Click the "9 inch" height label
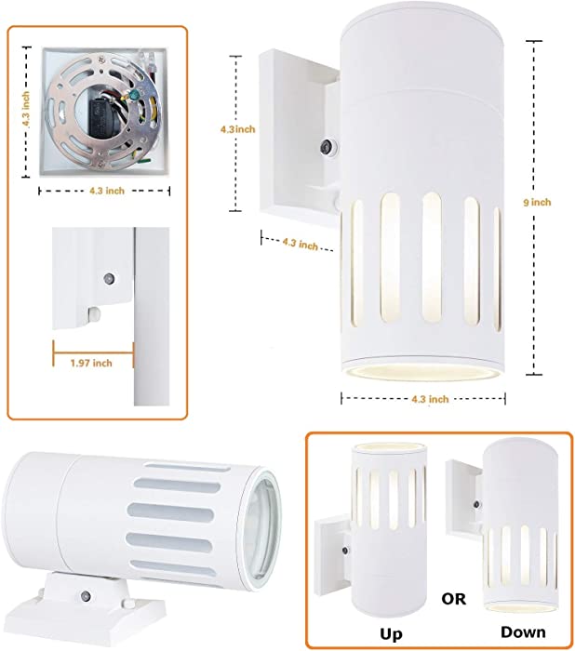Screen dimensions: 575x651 [537, 203]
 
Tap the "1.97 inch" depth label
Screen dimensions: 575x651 [91, 364]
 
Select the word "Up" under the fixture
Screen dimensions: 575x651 [391, 635]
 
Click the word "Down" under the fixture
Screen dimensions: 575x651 [523, 631]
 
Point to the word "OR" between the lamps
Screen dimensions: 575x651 [454, 599]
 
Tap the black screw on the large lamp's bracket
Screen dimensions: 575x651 [327, 147]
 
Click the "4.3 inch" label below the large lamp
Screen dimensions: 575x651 [430, 399]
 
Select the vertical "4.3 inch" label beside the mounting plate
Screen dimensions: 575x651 [26, 109]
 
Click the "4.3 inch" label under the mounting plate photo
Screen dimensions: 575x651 [107, 191]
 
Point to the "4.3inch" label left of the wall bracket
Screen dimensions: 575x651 [237, 129]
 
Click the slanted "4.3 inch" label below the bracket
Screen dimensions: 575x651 [300, 244]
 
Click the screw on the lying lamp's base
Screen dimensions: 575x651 [86, 596]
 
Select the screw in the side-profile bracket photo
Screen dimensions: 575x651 [109, 277]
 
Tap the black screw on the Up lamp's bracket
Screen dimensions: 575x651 [345, 551]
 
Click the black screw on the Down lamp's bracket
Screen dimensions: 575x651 [476, 504]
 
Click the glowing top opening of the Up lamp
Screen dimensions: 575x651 [389, 447]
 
